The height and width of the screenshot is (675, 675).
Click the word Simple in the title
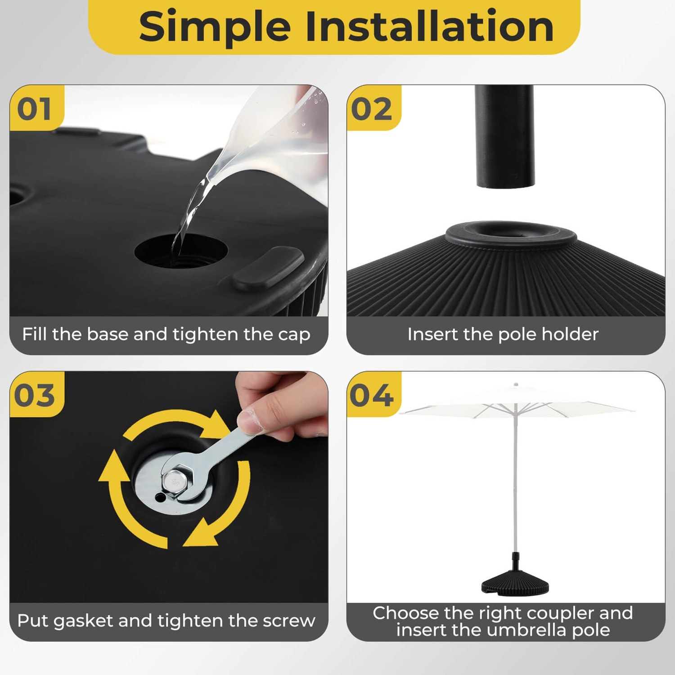(215, 27)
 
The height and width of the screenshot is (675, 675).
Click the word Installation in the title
(429, 27)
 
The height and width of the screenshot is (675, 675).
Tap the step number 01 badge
(35, 109)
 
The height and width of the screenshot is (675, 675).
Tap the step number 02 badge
(372, 109)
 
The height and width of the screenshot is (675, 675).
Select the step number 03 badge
(35, 395)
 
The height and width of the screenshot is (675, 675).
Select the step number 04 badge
(372, 395)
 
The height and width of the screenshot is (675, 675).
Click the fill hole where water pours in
(181, 251)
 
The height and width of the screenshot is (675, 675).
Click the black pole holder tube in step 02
(504, 135)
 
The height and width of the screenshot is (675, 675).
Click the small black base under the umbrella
(515, 580)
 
